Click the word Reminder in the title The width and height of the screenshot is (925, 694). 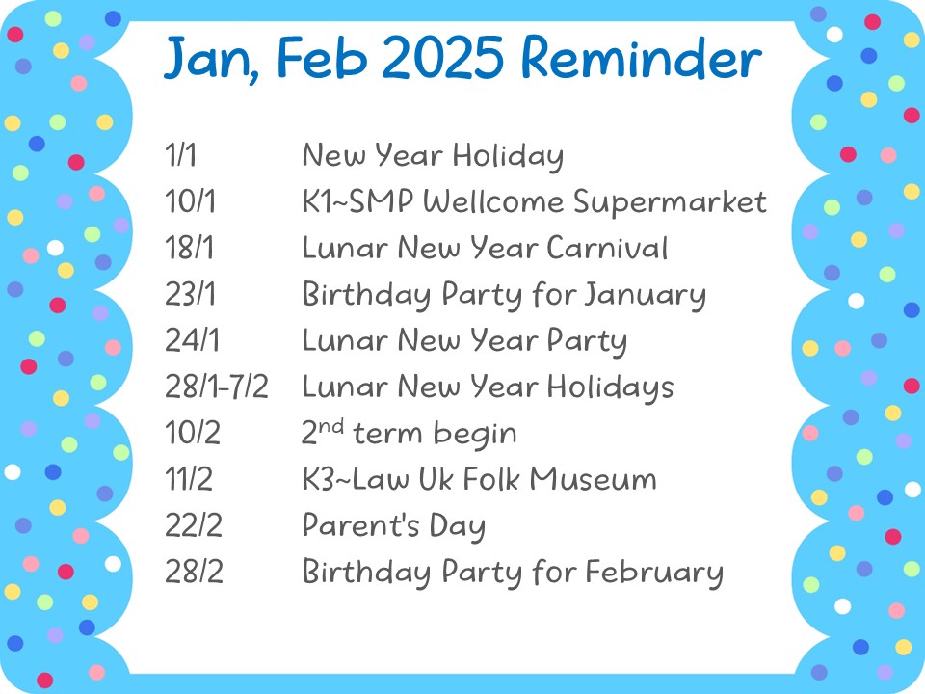tap(642, 58)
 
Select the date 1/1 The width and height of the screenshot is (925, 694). tap(180, 155)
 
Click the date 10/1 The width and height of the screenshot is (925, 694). tap(190, 201)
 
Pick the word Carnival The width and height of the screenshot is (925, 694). tap(607, 248)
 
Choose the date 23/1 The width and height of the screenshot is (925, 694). tap(190, 293)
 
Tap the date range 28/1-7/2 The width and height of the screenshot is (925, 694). tap(217, 387)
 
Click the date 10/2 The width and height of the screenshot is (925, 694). tap(193, 433)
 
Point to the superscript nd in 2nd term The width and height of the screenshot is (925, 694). tap(330, 426)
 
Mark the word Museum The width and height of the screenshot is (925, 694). tap(593, 479)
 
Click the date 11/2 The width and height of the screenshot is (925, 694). tap(189, 479)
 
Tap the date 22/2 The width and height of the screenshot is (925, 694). tap(194, 524)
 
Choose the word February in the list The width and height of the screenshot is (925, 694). tap(654, 573)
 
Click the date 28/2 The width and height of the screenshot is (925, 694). tap(194, 571)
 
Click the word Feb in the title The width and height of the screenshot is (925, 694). tap(323, 58)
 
